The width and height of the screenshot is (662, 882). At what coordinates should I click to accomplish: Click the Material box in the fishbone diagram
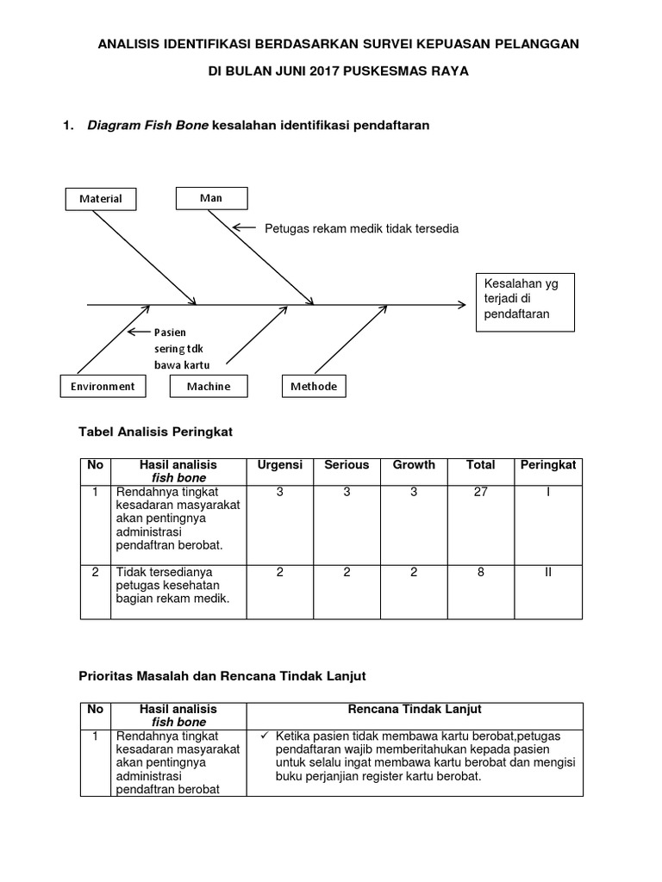point(101,198)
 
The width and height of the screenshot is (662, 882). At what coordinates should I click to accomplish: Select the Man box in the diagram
point(211,198)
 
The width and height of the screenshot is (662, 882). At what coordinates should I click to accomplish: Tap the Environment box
point(103,387)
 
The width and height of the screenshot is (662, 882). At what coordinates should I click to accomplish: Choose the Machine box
point(209,387)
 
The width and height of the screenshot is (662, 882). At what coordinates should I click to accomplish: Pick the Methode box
point(313,387)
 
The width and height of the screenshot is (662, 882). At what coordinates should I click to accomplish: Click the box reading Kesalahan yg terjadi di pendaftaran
point(518,299)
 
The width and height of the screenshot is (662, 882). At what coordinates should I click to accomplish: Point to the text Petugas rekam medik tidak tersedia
point(361,229)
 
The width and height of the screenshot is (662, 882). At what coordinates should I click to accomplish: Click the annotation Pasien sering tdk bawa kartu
point(181,348)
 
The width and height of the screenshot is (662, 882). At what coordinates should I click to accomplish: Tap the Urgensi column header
point(280,465)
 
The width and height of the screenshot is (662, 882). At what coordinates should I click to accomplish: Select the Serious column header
point(347,465)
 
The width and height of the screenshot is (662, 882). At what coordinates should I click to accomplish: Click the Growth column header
point(414,465)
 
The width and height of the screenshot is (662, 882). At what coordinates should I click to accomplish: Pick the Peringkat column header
point(548,465)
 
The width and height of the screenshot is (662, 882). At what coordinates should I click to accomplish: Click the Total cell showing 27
point(481,491)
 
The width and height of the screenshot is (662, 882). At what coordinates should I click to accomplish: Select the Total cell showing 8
point(481,571)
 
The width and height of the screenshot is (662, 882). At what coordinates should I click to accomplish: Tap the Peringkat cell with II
point(548,571)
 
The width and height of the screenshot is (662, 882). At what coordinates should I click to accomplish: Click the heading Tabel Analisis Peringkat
point(156,430)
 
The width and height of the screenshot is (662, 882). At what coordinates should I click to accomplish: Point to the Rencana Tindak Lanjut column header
point(415,709)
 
